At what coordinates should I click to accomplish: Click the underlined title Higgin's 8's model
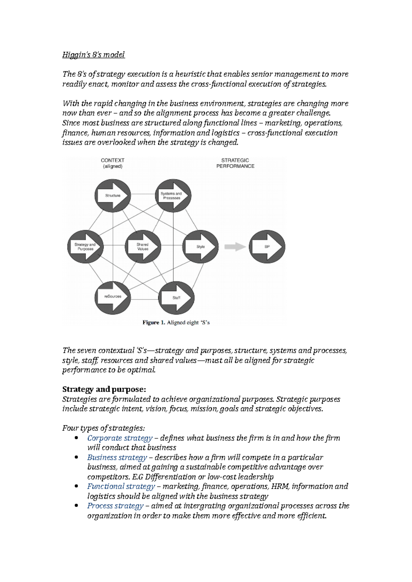pos(93,55)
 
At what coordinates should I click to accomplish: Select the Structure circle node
pos(113,195)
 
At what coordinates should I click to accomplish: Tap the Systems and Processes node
pos(173,195)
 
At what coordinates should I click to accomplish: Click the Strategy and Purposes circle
pos(85,247)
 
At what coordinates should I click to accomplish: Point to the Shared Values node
pos(143,247)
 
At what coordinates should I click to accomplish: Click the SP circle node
pos(267,247)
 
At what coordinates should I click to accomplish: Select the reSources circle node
pos(113,297)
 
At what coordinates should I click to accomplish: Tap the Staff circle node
pos(176,298)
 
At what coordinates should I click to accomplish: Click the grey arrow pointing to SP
pos(235,247)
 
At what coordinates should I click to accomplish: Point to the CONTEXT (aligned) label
pos(113,163)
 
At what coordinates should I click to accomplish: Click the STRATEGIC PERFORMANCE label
pos(235,163)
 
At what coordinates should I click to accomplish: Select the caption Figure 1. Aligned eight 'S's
pos(176,323)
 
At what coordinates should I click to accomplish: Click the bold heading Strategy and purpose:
pos(104,389)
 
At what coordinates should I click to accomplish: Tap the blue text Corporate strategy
pos(120,438)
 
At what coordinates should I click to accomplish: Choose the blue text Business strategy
pos(117,458)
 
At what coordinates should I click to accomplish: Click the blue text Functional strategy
pos(121,486)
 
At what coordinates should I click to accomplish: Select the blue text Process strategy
pos(115,506)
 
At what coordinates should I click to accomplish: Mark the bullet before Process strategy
pos(76,506)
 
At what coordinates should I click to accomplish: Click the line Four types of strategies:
pos(104,428)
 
